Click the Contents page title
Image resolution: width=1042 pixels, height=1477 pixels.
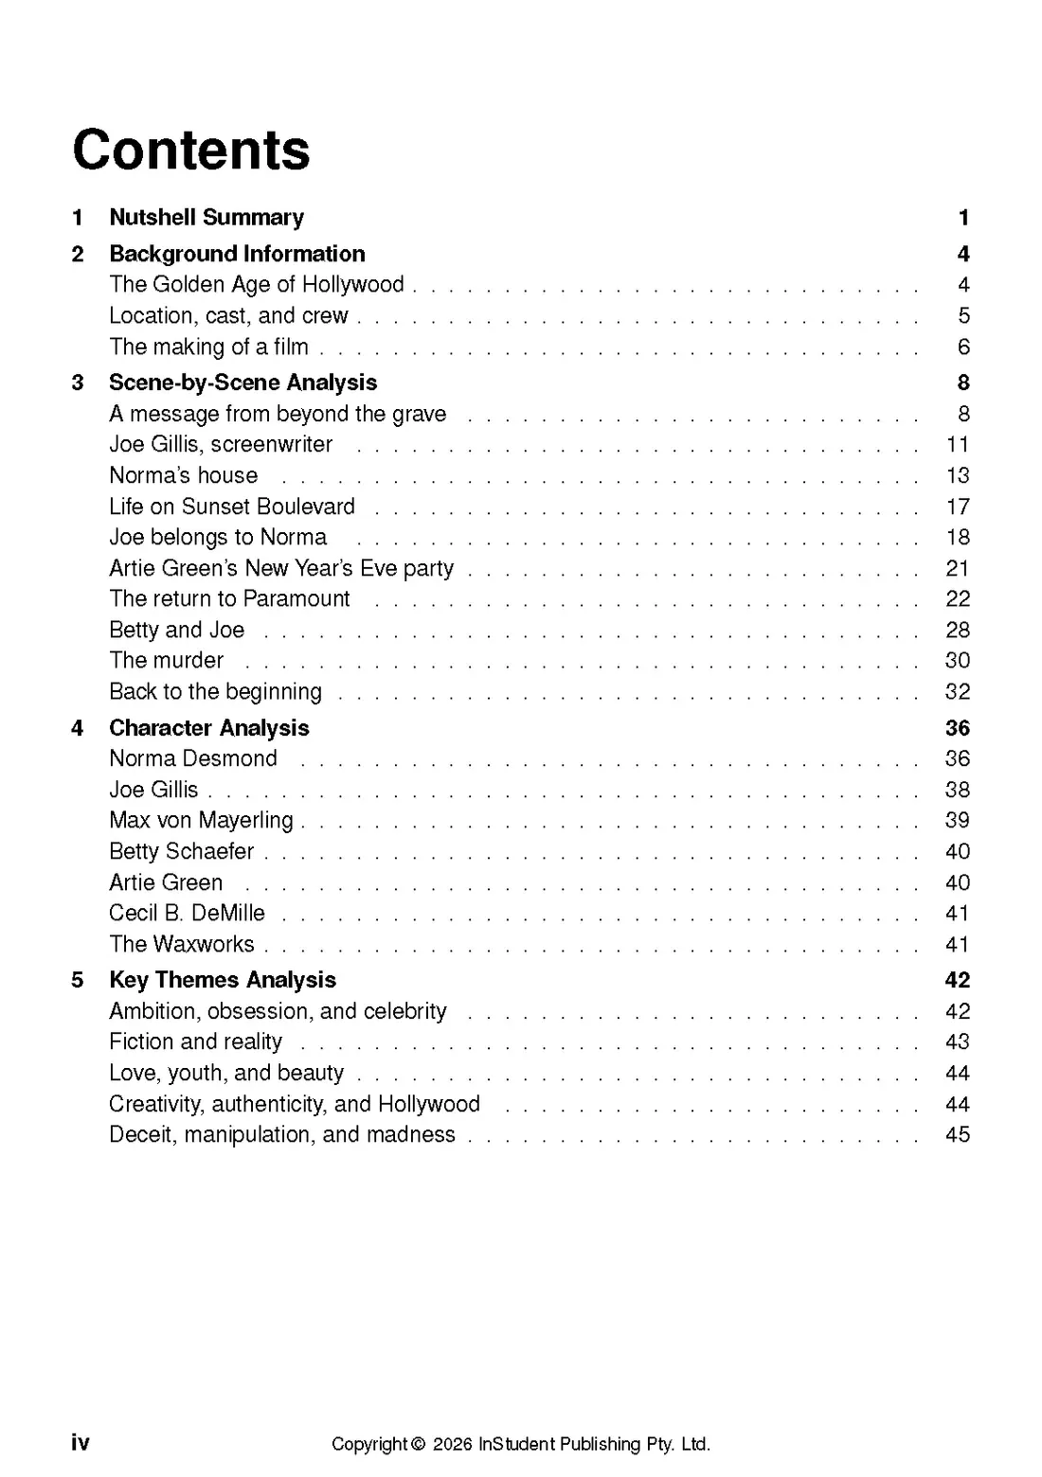[x=191, y=150]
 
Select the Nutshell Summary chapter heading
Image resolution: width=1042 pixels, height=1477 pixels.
[x=207, y=218]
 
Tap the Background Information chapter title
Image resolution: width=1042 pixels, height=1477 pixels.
[x=237, y=254]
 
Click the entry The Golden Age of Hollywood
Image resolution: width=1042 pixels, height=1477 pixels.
[x=257, y=284]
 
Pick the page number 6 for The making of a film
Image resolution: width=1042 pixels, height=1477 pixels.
[x=963, y=347]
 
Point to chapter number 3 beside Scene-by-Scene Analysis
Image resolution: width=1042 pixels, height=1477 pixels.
[x=78, y=383]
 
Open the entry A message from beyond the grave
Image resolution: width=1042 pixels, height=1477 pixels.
[x=278, y=414]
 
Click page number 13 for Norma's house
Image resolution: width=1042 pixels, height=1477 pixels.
[x=958, y=475]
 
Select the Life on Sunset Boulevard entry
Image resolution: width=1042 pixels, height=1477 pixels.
[x=232, y=507]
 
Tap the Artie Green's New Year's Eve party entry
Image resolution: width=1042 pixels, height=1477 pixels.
[x=281, y=568]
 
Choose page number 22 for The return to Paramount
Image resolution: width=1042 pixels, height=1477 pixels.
[x=958, y=598]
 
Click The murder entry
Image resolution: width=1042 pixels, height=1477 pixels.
[x=167, y=660]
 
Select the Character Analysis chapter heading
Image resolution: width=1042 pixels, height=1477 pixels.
[x=209, y=728]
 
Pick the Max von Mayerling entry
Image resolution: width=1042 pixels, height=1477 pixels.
[x=201, y=820]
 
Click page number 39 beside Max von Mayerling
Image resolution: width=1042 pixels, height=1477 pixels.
[x=958, y=820]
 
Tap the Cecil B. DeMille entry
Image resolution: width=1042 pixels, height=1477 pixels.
[x=187, y=913]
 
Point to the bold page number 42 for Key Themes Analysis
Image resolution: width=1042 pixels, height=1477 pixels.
[x=958, y=980]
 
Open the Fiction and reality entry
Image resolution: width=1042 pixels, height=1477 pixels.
[x=195, y=1041]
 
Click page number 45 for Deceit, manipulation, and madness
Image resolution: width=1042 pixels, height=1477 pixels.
[x=958, y=1134]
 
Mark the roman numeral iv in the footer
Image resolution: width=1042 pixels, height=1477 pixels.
[x=81, y=1442]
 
